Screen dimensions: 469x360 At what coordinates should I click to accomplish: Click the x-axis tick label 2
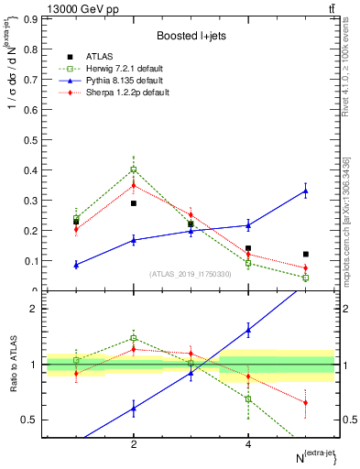click(134, 443)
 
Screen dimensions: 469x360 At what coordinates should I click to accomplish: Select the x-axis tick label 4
click(248, 443)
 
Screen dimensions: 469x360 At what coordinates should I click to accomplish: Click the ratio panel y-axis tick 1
click(33, 365)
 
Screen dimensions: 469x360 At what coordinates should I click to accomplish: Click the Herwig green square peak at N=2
click(134, 169)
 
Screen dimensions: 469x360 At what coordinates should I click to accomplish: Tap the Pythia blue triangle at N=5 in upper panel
click(306, 191)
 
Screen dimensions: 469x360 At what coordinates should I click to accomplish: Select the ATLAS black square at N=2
click(134, 203)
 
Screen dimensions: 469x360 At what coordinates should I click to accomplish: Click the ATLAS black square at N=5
click(306, 254)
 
